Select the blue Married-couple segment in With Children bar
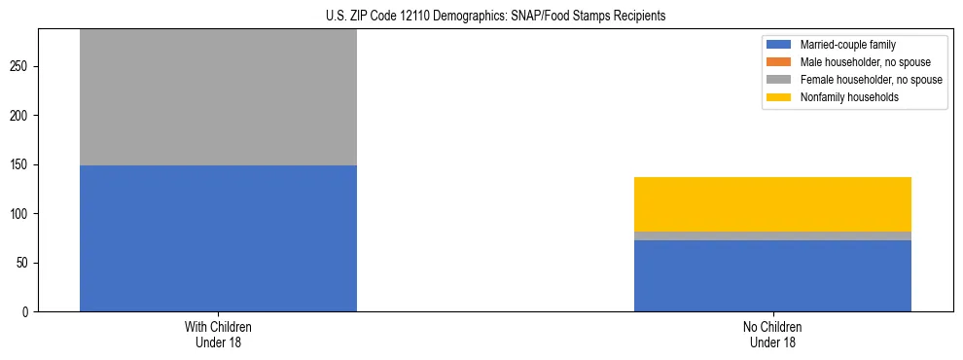click(218, 238)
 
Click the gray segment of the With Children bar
click(218, 97)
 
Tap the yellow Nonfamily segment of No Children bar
click(772, 204)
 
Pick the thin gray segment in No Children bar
click(772, 235)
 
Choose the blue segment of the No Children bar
click(772, 275)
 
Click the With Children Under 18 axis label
click(218, 335)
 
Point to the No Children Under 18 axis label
click(772, 335)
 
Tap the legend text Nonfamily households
click(842, 97)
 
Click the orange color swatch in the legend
click(779, 62)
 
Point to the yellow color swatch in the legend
click(779, 97)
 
